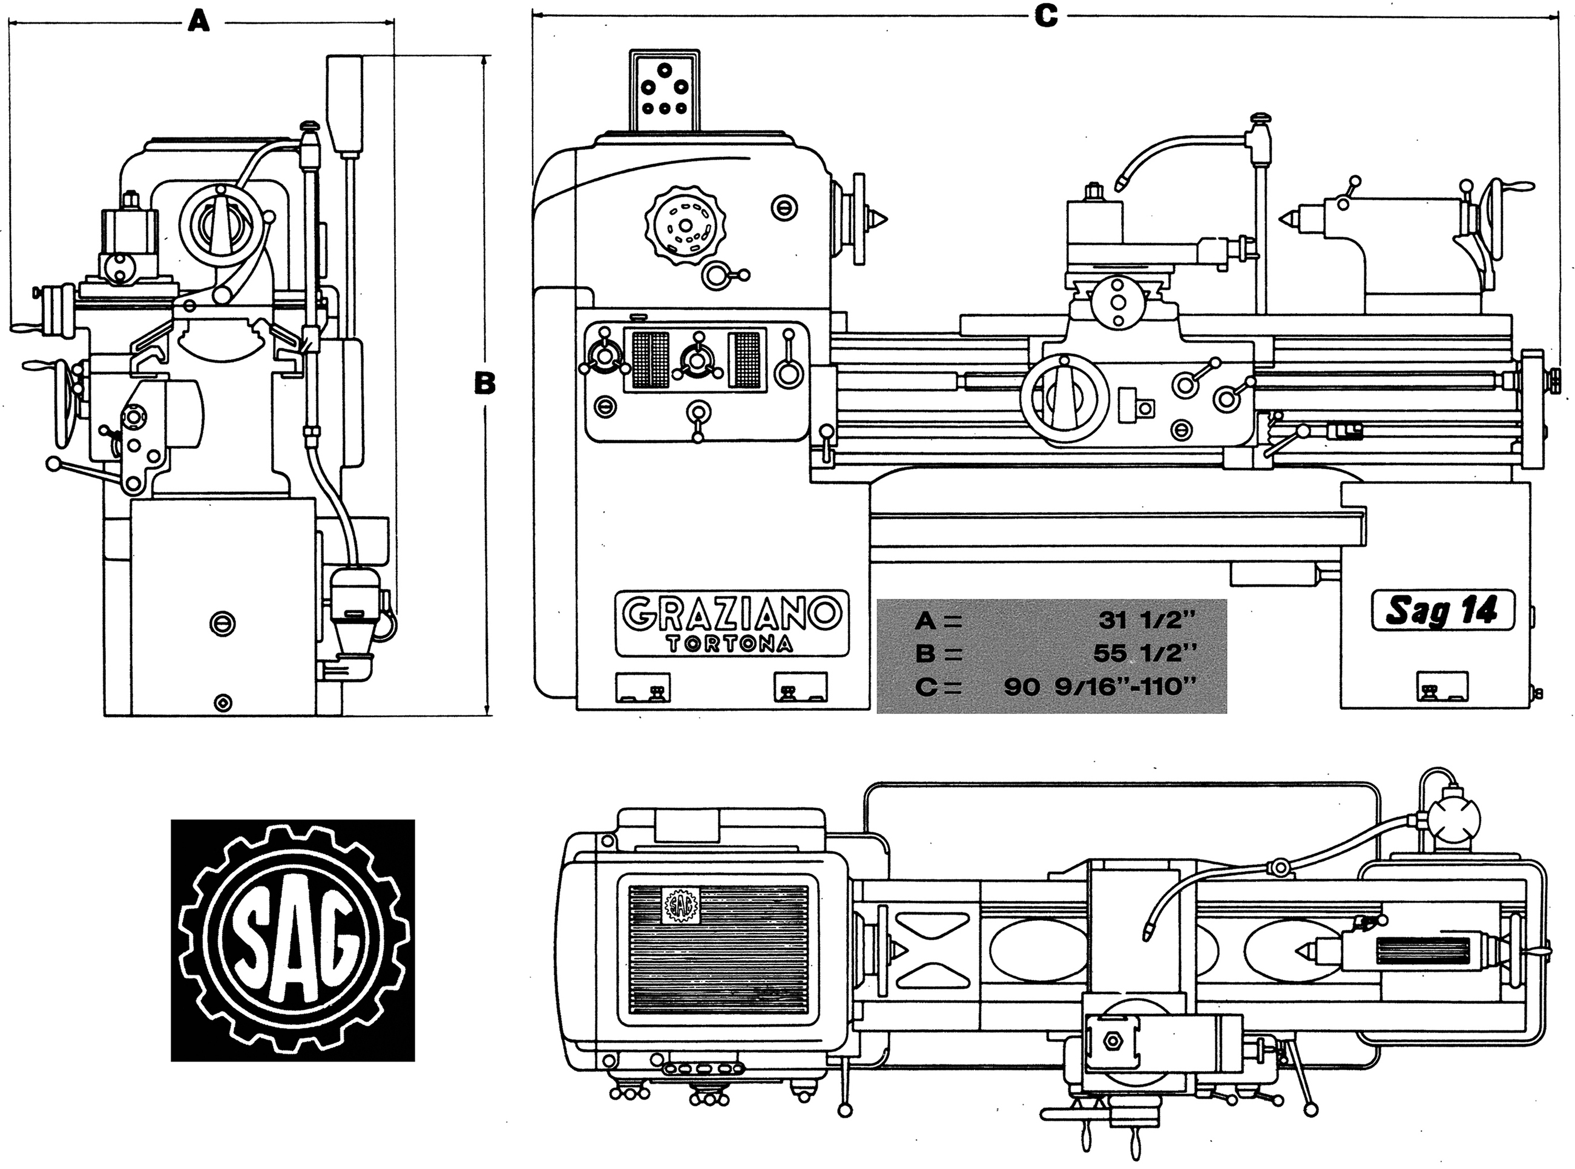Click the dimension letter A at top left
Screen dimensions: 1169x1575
point(200,24)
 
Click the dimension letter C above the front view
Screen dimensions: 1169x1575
point(1045,16)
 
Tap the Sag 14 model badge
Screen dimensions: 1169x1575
point(1442,611)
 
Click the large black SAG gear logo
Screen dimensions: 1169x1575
point(293,940)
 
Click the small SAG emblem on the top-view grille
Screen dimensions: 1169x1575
point(679,906)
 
